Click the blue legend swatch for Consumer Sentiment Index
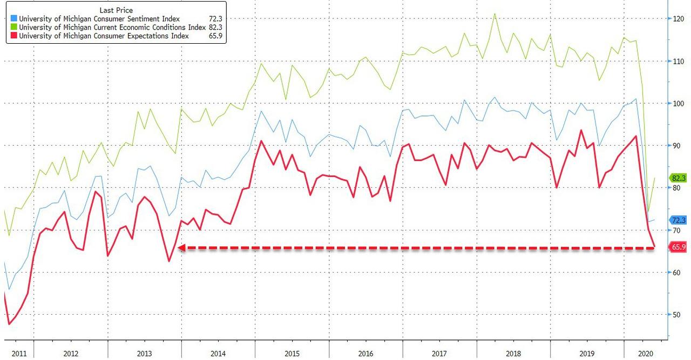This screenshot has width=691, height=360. pyautogui.click(x=13, y=19)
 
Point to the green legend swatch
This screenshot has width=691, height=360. pyautogui.click(x=13, y=28)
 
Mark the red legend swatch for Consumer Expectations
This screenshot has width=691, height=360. pyautogui.click(x=13, y=36)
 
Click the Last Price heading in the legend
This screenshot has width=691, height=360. pyautogui.click(x=117, y=10)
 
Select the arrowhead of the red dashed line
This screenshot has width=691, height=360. pyautogui.click(x=181, y=248)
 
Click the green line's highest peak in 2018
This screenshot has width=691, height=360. pyautogui.click(x=494, y=14)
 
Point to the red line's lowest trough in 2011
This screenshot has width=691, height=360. pyautogui.click(x=9, y=324)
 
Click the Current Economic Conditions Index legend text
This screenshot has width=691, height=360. pyautogui.click(x=106, y=28)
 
